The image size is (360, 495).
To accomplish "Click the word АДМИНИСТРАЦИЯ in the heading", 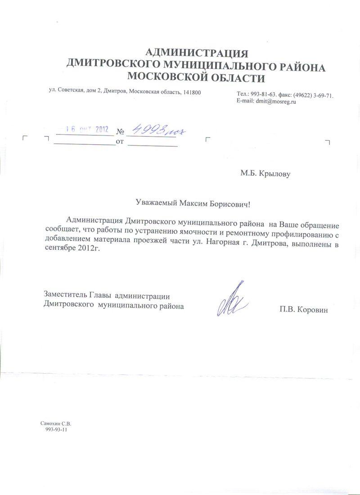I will (x=198, y=53).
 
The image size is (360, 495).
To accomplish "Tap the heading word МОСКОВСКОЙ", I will (x=167, y=77).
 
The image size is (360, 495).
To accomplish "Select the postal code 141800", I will (x=191, y=92).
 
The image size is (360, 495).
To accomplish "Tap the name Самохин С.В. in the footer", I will (x=56, y=424).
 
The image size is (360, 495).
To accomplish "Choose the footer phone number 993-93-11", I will (x=57, y=430).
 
